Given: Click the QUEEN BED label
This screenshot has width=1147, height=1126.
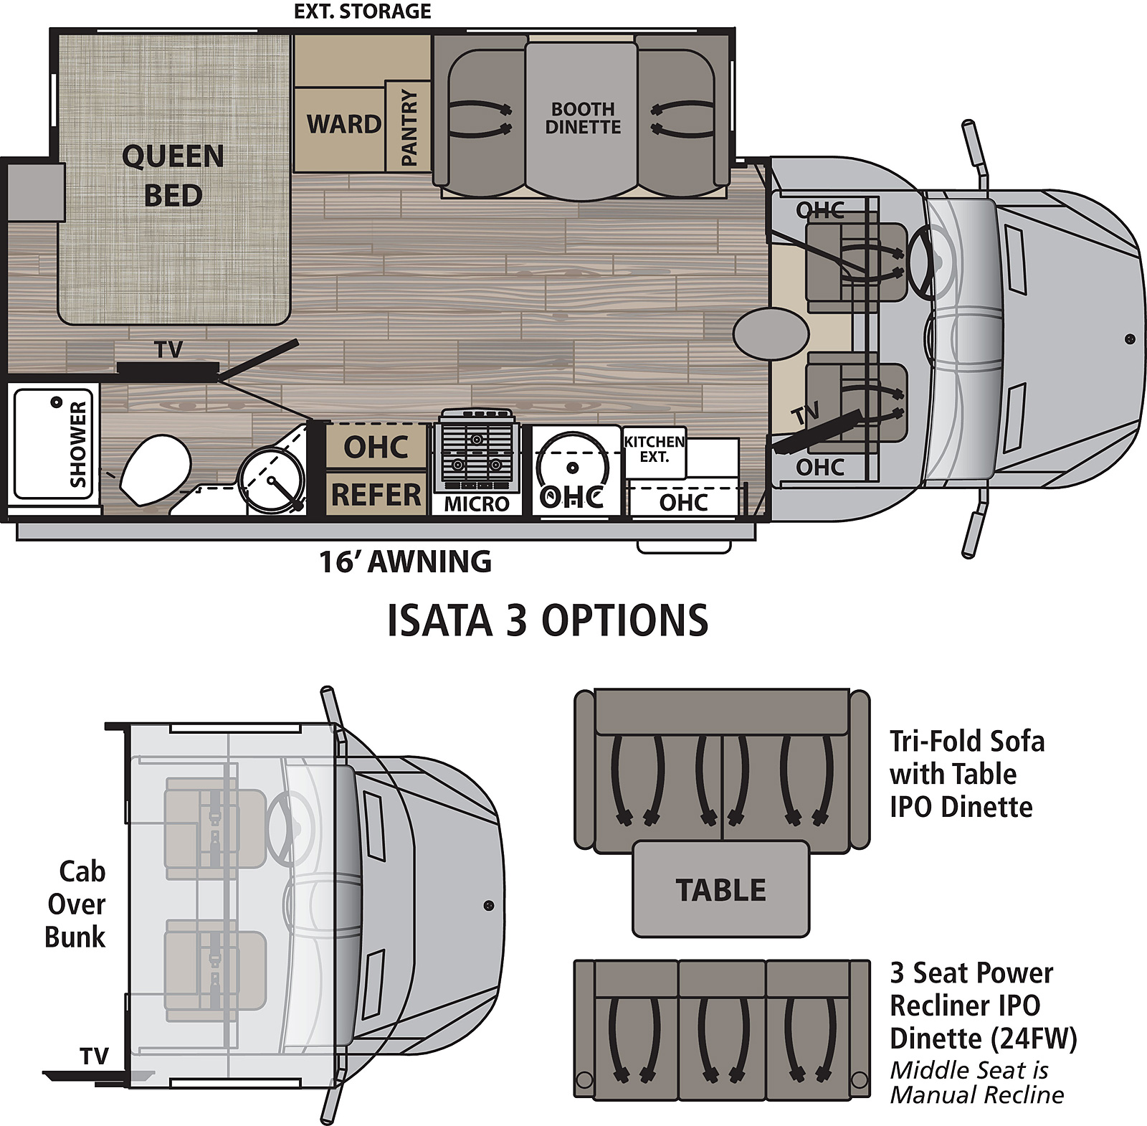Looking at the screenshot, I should tap(173, 176).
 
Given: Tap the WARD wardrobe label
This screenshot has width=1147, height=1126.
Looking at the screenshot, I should tap(344, 124).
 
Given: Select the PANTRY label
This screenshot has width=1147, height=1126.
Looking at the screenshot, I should tap(409, 127).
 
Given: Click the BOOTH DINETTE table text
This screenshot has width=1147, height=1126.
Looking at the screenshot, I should tap(583, 118).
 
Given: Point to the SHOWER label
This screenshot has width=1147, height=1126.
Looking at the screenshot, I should tap(77, 444).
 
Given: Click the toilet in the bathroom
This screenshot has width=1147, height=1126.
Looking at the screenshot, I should tap(155, 469).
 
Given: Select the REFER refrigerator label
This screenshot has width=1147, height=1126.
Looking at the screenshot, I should tap(376, 494).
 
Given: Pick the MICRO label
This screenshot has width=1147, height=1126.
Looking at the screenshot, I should tap(477, 504).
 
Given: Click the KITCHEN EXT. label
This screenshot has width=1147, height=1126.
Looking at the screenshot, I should tap(654, 449).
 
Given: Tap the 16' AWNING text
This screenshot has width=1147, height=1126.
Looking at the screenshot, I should tap(406, 562).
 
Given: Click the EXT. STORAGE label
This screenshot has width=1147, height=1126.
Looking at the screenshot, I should tap(363, 11).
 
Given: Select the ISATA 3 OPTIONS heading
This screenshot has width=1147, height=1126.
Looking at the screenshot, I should tap(548, 620).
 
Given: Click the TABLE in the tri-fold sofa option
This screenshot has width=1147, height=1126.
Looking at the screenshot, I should tap(720, 890).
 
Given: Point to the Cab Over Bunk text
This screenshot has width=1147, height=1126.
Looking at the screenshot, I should tap(76, 904).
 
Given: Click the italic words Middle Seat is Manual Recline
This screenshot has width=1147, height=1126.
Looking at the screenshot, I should tap(976, 1082).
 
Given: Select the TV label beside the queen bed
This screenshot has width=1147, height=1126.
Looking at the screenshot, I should tap(168, 349).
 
